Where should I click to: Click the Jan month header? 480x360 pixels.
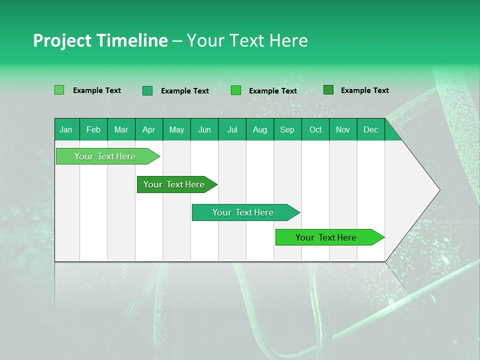tap(66, 130)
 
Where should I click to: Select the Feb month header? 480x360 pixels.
tap(93, 130)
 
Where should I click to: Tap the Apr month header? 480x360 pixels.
tap(148, 130)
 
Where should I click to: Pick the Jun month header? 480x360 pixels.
tap(204, 130)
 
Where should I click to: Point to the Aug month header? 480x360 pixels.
tap(259, 130)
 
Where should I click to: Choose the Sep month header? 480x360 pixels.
tap(287, 130)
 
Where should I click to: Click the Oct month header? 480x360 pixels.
tap(315, 130)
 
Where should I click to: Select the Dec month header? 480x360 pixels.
tap(370, 130)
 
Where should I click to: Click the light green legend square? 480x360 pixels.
tap(59, 90)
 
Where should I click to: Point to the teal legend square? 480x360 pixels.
tap(147, 90)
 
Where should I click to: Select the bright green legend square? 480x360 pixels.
tap(236, 90)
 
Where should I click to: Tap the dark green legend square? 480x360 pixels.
tap(328, 90)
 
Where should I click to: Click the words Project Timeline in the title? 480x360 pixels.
tap(100, 40)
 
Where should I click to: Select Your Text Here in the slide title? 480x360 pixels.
tap(247, 40)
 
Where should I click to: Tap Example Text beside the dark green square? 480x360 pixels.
tap(364, 90)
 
